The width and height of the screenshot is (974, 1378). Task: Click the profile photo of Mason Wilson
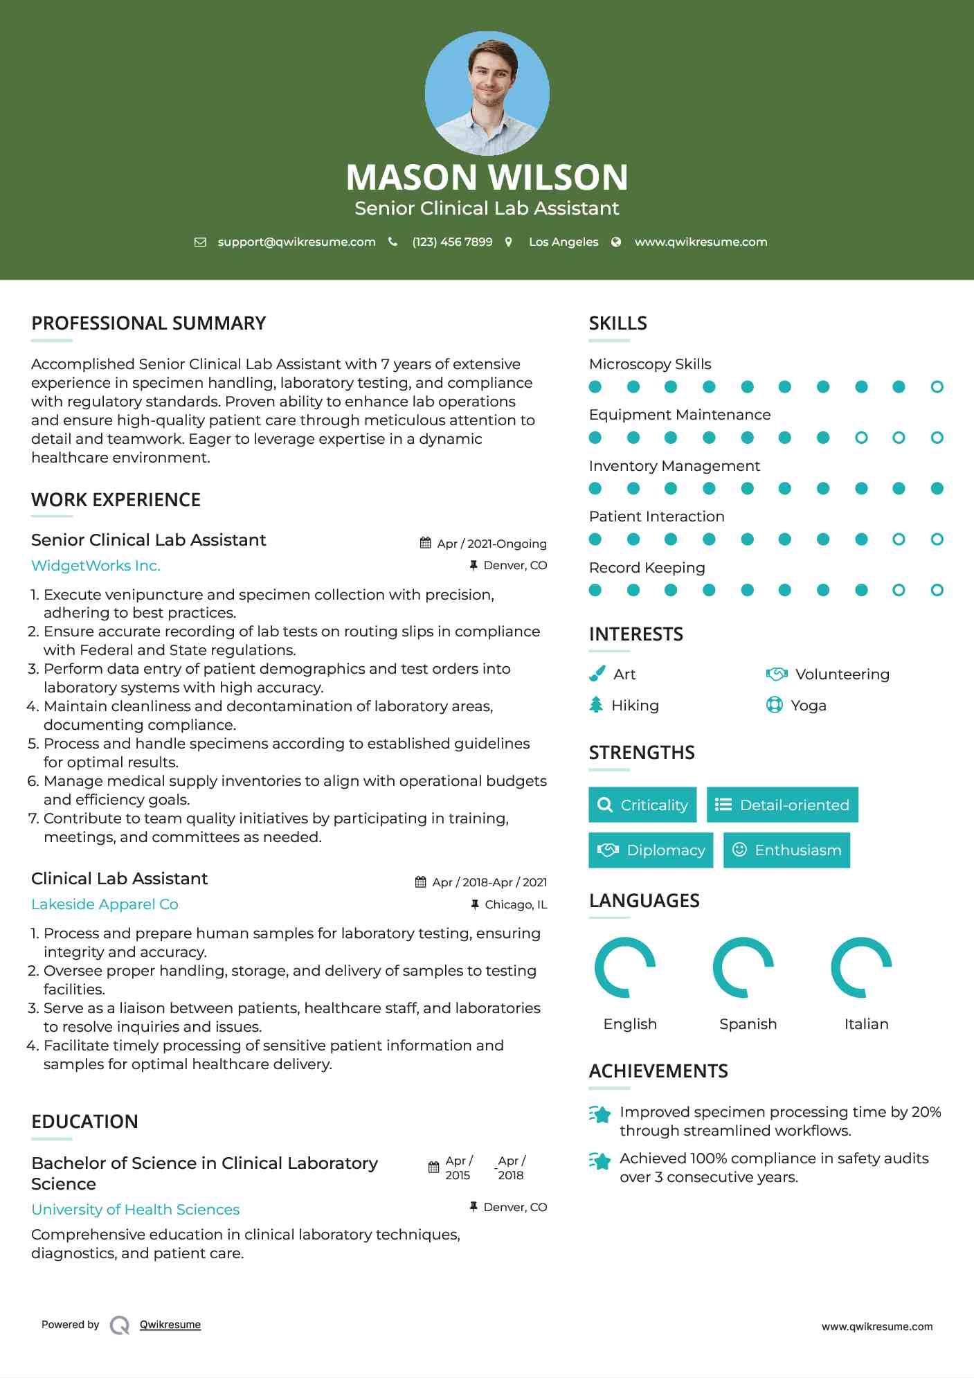487,93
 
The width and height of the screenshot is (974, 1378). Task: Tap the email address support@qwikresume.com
296,242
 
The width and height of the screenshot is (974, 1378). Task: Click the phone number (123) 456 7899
452,242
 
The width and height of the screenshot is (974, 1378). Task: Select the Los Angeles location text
563,242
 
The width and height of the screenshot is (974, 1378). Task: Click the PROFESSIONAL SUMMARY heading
148,323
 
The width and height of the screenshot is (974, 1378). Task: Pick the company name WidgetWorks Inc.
96,566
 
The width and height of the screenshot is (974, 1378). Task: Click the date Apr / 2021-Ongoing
491,544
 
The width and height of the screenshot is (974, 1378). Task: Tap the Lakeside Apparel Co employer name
105,904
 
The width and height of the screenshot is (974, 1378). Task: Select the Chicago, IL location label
516,904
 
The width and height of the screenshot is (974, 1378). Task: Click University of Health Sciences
135,1210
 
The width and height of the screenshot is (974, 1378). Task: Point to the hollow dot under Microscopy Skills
937,387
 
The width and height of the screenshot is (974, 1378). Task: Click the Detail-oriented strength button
782,805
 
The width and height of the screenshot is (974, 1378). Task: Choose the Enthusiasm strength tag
786,850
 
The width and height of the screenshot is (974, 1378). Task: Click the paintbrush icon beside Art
597,674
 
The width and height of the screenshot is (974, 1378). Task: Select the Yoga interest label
808,706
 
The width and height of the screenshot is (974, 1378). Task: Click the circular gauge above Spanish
743,967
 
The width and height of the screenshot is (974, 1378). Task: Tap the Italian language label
866,1024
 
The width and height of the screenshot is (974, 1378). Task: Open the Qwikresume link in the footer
170,1325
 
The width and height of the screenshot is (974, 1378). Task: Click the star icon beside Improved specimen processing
600,1114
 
